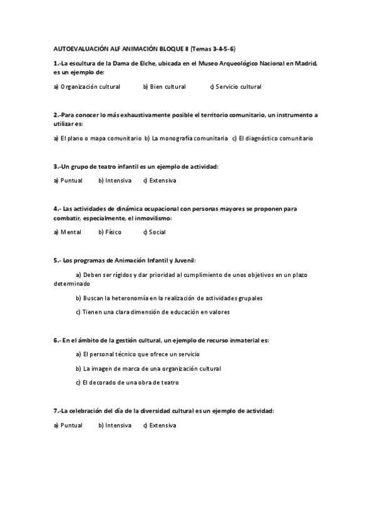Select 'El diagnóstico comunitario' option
pyautogui.click(x=276, y=138)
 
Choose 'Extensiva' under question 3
pyautogui.click(x=163, y=181)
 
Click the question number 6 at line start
pyautogui.click(x=56, y=340)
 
